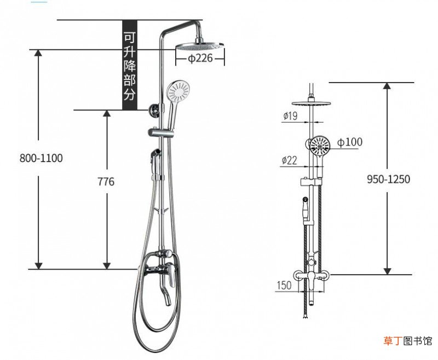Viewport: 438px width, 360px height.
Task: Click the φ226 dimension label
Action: point(200,59)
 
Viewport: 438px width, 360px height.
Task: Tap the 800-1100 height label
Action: point(41,158)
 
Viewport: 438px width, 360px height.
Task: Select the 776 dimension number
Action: point(106,182)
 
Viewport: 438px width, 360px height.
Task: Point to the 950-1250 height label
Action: point(388,179)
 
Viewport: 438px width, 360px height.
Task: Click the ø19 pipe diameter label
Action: point(291,115)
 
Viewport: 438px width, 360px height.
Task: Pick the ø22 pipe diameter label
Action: point(290,160)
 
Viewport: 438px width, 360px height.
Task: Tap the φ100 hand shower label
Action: point(350,142)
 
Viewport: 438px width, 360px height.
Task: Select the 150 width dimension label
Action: point(284,285)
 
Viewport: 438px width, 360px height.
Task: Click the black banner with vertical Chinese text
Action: point(130,65)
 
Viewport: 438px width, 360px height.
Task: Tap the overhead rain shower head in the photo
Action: point(200,46)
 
